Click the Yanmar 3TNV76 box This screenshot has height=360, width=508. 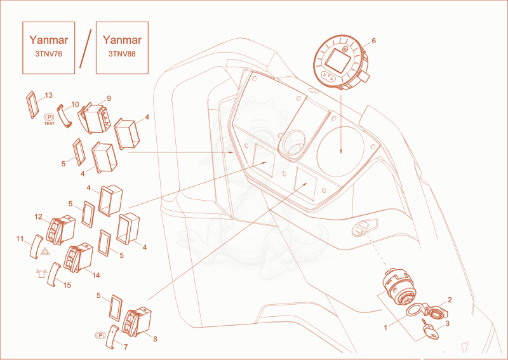pos(49,48)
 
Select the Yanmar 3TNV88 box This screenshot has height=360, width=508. pos(122,48)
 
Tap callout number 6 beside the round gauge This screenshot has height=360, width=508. pos(373,41)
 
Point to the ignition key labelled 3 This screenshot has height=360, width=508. pos(431,330)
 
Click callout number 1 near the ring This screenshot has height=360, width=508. pos(385,328)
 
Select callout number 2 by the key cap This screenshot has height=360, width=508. pos(450,300)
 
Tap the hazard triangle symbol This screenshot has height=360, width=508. pos(45,251)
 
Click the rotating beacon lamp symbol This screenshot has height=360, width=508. pos(41,274)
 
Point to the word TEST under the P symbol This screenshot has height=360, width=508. pos(50,123)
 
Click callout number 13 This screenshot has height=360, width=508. pos(49,95)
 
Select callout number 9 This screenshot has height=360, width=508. pos(109,98)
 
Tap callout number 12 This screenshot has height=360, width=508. pos(39,217)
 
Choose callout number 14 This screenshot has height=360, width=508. pos(96,276)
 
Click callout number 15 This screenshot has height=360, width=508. pos(67,285)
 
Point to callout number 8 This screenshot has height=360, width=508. pos(155,339)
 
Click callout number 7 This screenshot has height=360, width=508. pos(126,347)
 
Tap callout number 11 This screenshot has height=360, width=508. pos(20,239)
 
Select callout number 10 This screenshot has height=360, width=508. pos(75,104)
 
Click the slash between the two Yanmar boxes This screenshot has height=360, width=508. pos(86,49)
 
